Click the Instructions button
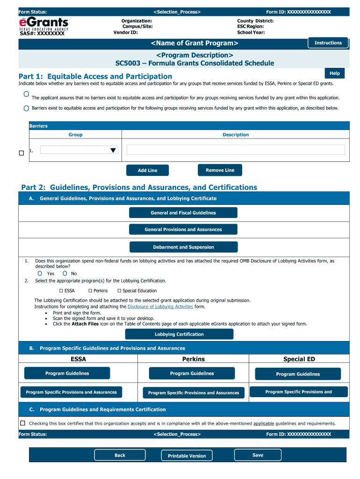click(x=328, y=43)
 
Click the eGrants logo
click(x=43, y=23)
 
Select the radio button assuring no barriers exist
click(x=26, y=94)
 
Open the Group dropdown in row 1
click(x=79, y=150)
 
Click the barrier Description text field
click(x=236, y=150)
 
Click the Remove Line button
click(x=220, y=170)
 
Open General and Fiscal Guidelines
click(x=183, y=213)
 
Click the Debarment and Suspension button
click(x=183, y=247)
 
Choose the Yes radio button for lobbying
click(x=40, y=273)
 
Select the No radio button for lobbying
click(x=65, y=273)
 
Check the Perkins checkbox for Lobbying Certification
click(x=90, y=290)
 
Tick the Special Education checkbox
click(x=119, y=290)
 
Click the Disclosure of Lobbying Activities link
click(x=160, y=307)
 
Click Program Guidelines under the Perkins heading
click(x=192, y=373)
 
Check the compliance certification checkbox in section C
click(x=22, y=423)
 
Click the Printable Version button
click(x=187, y=456)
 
